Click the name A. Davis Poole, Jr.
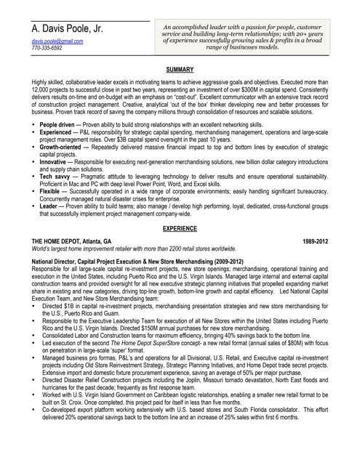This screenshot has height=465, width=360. (67, 30)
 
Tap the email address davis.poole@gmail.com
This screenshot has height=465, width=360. (57, 42)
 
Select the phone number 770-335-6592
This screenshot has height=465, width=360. (47, 49)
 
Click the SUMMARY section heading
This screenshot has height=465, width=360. (180, 69)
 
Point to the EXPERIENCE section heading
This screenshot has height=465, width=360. (180, 228)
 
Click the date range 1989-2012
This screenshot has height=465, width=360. (315, 240)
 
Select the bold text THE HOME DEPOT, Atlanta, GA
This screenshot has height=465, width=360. (72, 240)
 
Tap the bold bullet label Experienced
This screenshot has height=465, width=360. (55, 133)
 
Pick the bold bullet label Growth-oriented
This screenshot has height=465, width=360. (61, 147)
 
